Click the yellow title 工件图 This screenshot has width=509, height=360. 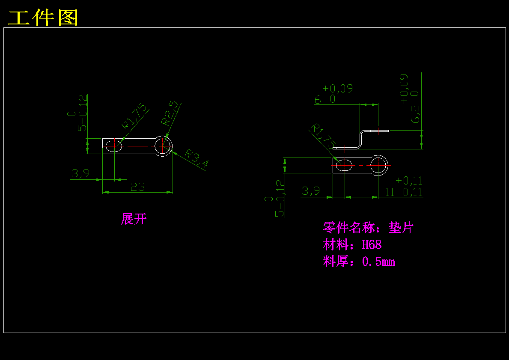point(43,18)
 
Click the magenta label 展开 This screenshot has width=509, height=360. point(134,219)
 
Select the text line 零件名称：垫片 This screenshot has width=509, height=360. point(368,228)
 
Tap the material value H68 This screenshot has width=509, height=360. point(372,245)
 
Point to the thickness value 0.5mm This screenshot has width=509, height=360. point(378,262)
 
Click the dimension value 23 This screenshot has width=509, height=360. point(137,187)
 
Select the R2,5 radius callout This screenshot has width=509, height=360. point(170,113)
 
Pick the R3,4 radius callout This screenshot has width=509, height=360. point(196,158)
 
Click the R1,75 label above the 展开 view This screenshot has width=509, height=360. point(134,117)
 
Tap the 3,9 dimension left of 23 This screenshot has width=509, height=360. point(80,173)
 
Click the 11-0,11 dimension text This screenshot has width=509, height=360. point(403,192)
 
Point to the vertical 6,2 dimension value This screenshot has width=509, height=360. point(415,114)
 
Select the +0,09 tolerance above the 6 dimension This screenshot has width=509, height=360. point(338,89)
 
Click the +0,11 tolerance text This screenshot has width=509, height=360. point(409,180)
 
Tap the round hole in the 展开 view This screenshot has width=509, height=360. point(163,146)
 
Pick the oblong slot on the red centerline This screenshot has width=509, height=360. point(344,165)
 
